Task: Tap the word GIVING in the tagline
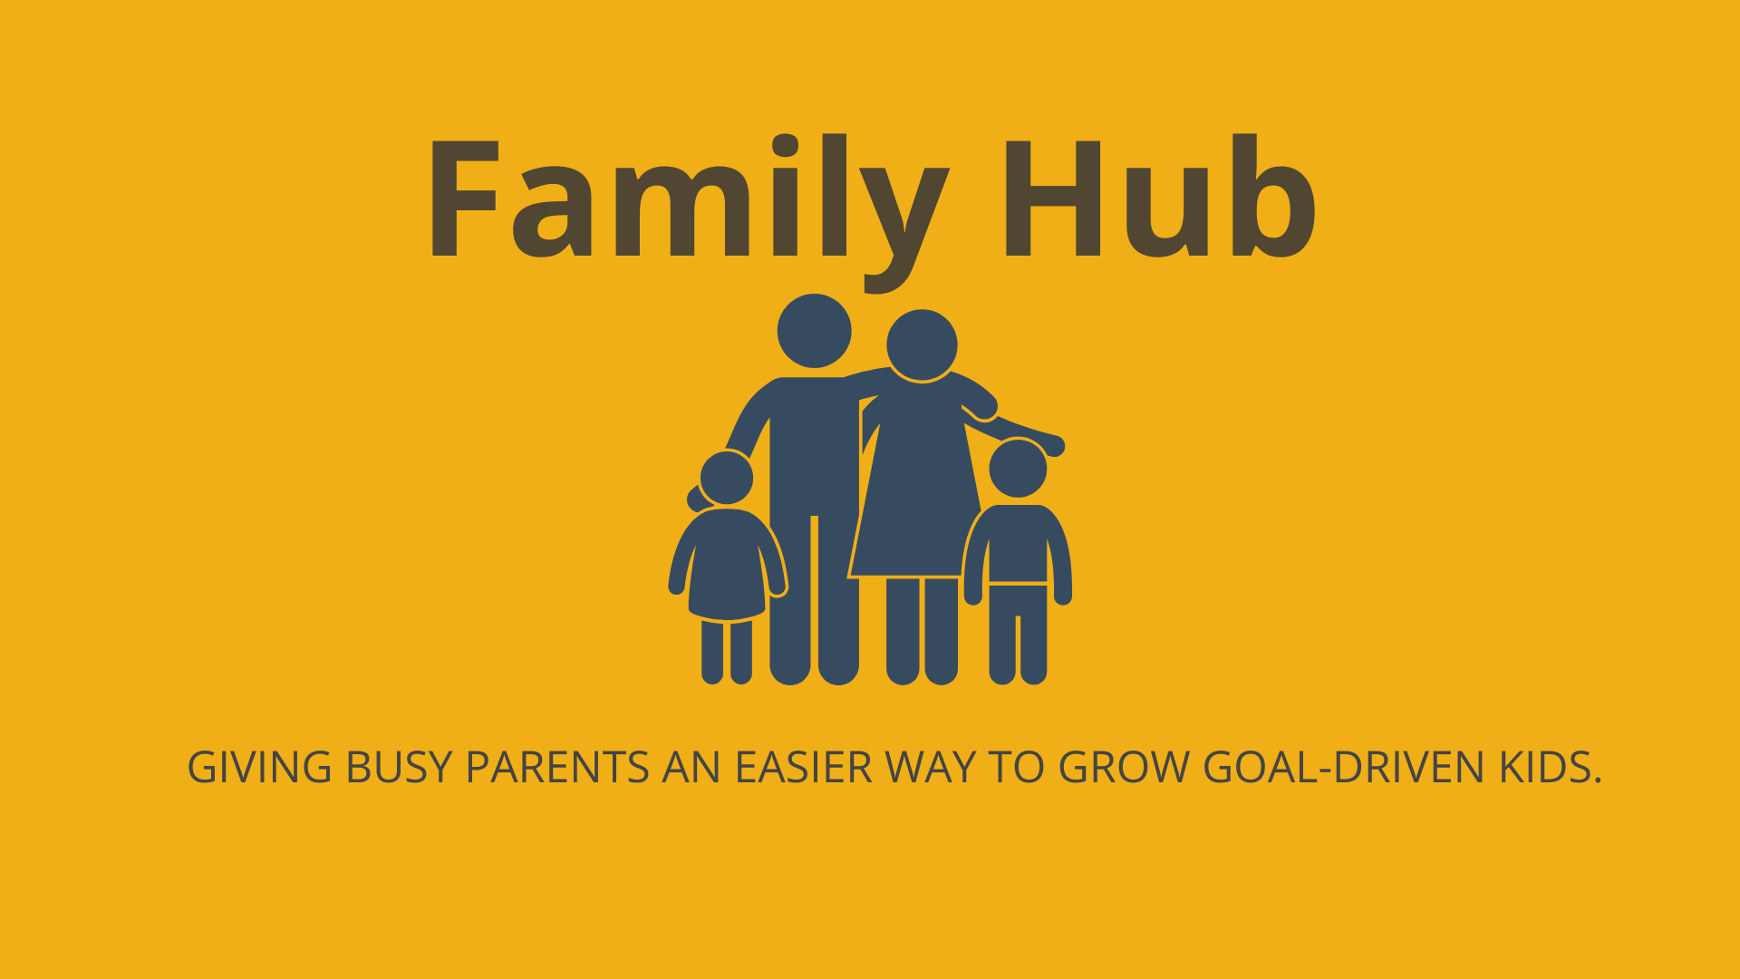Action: pyautogui.click(x=260, y=768)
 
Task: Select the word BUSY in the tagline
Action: pyautogui.click(x=399, y=768)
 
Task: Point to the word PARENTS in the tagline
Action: pyautogui.click(x=557, y=768)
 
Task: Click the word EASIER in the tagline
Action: pyautogui.click(x=804, y=768)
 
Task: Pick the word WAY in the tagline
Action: pyautogui.click(x=930, y=768)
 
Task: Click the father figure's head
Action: pyautogui.click(x=814, y=331)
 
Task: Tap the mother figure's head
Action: pyautogui.click(x=922, y=345)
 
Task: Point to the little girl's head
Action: pyautogui.click(x=726, y=477)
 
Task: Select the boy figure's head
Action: pyautogui.click(x=1018, y=469)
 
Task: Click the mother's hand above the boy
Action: pyautogui.click(x=1054, y=445)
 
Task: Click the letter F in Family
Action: pyautogui.click(x=465, y=198)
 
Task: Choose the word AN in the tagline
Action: pyautogui.click(x=692, y=768)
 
